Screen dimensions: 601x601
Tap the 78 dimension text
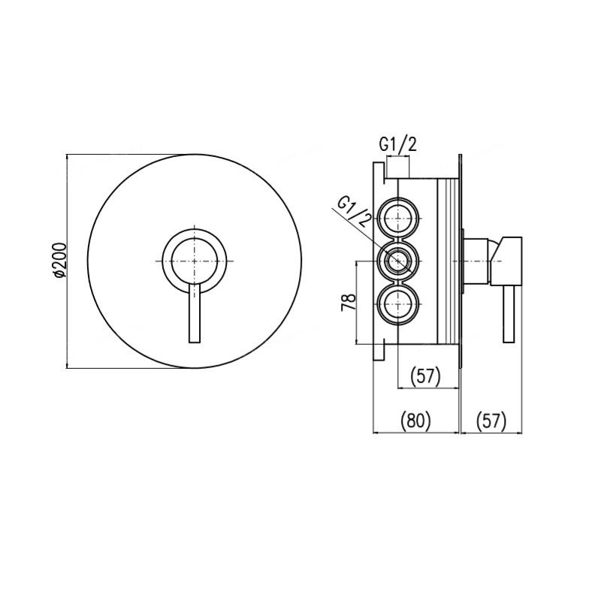click(x=349, y=303)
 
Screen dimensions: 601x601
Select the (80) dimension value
click(x=416, y=421)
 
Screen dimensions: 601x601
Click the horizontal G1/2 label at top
click(x=398, y=145)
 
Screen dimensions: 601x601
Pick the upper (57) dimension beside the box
click(x=425, y=376)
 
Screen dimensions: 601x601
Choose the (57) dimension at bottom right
click(x=491, y=421)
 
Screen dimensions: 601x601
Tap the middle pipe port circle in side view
click(x=399, y=261)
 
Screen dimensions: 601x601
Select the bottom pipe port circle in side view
click(x=399, y=304)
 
